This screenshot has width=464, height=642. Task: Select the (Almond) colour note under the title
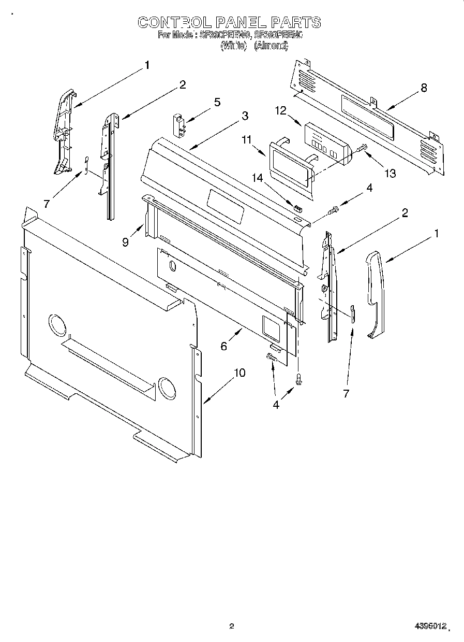click(x=271, y=46)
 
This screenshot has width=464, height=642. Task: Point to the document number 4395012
click(x=430, y=626)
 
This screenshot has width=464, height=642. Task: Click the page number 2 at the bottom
click(x=232, y=626)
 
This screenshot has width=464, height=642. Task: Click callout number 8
click(x=424, y=88)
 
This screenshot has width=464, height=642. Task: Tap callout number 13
click(x=390, y=173)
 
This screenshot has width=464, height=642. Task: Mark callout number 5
click(x=217, y=102)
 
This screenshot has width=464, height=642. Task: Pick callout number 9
click(x=126, y=241)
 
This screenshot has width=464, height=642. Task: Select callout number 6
click(x=223, y=346)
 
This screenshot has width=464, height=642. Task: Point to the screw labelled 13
click(x=361, y=149)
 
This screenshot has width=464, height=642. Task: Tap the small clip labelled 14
click(x=297, y=209)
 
